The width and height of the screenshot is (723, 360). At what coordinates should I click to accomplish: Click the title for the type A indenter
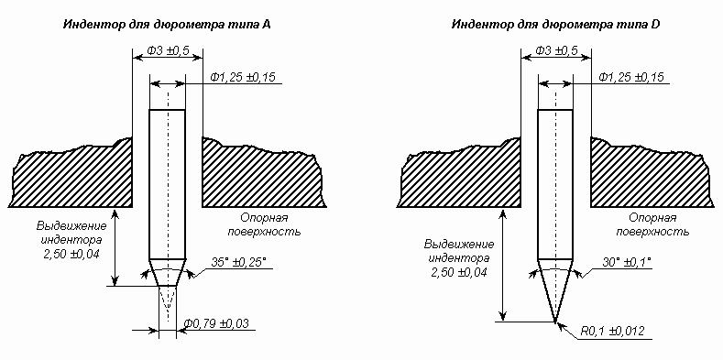click(x=167, y=25)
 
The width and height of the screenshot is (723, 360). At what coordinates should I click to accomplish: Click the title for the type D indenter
click(x=555, y=25)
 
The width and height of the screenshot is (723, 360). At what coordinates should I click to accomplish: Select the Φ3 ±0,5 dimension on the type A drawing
click(x=168, y=50)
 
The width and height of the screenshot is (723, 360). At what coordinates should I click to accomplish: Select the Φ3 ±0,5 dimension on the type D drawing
click(x=556, y=50)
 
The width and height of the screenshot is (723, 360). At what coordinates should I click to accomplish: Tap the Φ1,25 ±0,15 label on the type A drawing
click(x=243, y=77)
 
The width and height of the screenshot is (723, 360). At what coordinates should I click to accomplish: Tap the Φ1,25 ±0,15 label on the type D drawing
click(x=631, y=77)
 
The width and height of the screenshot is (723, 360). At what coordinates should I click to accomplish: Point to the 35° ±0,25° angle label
click(x=239, y=262)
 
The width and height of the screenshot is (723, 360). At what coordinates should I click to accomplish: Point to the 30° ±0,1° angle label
click(x=626, y=262)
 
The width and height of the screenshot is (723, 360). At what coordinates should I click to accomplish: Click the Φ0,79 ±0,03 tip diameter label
click(x=216, y=323)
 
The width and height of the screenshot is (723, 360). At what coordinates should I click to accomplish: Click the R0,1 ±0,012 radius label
click(x=613, y=331)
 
